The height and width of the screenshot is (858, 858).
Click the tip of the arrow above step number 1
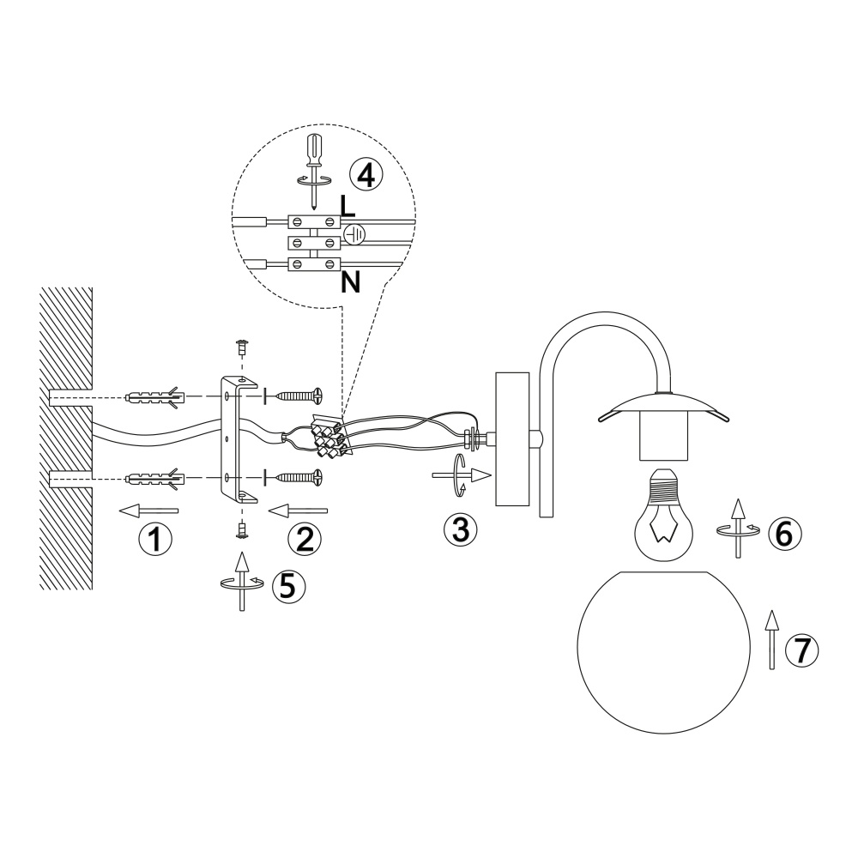tap(119, 511)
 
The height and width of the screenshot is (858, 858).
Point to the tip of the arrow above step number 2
tap(269, 511)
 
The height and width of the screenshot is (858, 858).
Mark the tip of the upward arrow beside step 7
tap(772, 611)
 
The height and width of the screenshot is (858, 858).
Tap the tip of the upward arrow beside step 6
tap(738, 499)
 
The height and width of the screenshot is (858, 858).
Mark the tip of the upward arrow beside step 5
tap(241, 553)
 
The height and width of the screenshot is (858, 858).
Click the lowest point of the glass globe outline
tap(664, 734)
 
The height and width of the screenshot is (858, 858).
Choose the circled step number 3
tap(460, 529)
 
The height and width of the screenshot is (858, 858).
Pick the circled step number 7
tap(801, 651)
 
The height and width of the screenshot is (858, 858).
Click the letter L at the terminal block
tap(347, 206)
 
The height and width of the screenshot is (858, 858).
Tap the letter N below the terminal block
tap(350, 282)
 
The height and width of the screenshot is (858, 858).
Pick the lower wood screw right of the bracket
tap(299, 477)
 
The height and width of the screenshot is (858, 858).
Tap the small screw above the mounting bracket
tap(240, 346)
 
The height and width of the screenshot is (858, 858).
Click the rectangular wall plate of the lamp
tap(512, 438)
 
